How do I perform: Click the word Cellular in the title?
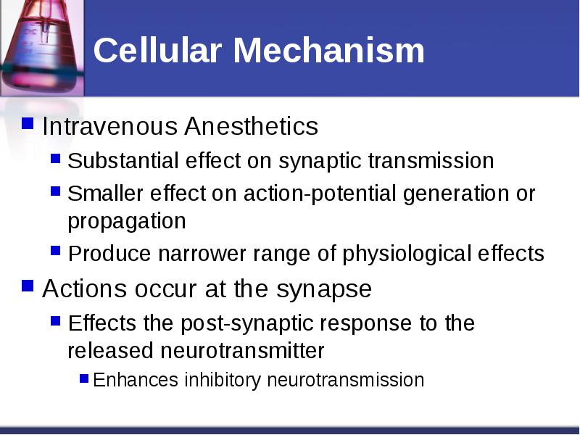157,50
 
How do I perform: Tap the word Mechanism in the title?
329,50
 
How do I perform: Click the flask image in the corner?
42,48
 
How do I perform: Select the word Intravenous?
110,126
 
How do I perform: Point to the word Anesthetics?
251,126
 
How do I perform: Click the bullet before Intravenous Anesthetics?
28,123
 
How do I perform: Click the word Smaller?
105,193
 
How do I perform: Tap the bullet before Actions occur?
28,286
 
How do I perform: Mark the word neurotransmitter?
242,351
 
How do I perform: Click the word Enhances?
136,380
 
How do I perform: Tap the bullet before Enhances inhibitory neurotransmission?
84,378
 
